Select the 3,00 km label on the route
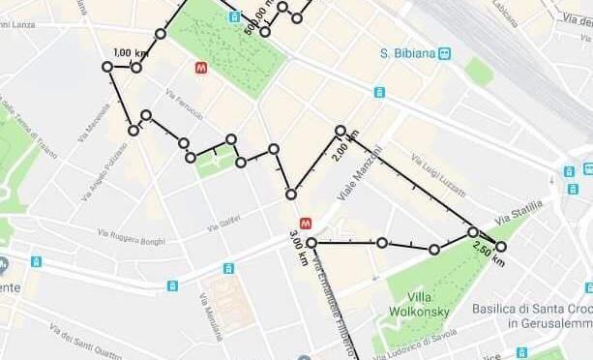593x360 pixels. tap(297, 248)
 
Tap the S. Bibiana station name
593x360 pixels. tap(406, 53)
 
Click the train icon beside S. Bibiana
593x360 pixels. tap(444, 54)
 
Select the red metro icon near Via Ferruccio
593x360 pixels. tap(201, 69)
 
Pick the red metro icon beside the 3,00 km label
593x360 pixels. tap(306, 222)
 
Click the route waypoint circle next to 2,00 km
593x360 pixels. tap(341, 131)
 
